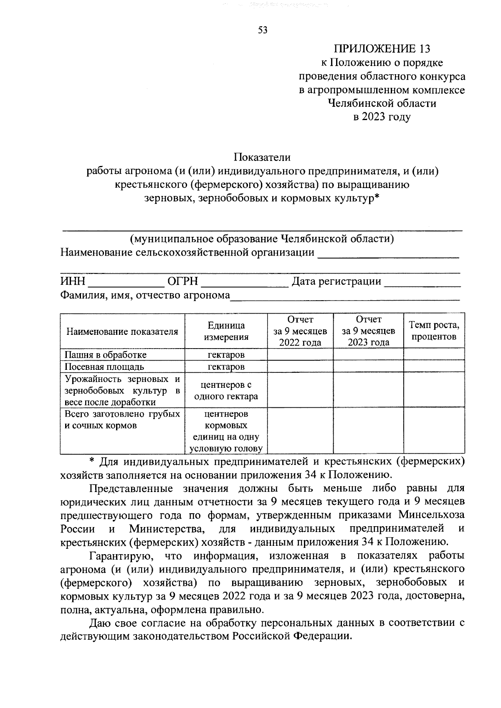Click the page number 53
point(263,30)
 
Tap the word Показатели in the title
point(262,157)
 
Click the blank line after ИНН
point(126,283)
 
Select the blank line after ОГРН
point(245,283)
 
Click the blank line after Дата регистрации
point(422,283)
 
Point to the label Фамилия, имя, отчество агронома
point(145,295)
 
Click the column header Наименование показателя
point(122,331)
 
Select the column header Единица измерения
point(226,331)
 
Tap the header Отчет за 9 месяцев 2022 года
point(300,331)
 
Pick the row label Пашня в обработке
point(105,355)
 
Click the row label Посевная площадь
point(104,367)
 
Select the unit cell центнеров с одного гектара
point(226,391)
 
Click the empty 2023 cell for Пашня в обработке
point(368,355)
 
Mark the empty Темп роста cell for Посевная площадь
point(434,367)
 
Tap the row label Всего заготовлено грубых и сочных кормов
point(122,420)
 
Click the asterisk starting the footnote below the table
point(93,462)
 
